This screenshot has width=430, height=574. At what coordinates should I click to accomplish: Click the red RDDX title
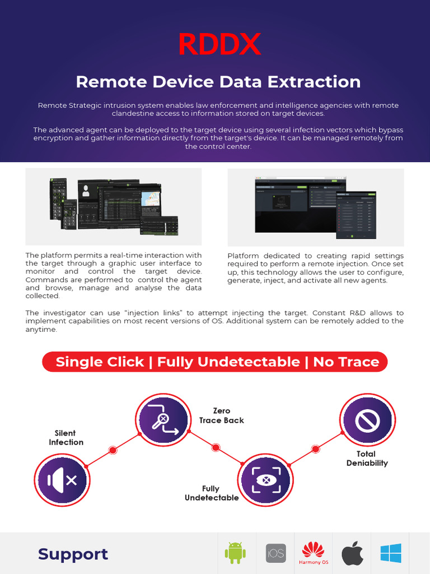[219, 44]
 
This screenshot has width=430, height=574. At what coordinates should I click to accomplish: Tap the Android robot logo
[235, 553]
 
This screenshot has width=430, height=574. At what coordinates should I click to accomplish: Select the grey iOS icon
[275, 553]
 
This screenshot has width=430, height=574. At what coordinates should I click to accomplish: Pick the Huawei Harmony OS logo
[314, 553]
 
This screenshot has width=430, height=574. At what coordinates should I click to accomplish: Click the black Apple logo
[353, 553]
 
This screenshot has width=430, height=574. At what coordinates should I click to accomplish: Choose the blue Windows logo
[391, 553]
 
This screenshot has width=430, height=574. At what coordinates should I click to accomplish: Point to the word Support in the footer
[73, 554]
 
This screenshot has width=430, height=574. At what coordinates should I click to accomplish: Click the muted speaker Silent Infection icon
[62, 480]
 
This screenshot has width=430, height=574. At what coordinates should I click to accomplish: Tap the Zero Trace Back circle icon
[163, 420]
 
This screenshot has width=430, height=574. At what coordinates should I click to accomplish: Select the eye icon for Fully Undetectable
[265, 481]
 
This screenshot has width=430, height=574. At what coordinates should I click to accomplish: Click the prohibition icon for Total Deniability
[368, 420]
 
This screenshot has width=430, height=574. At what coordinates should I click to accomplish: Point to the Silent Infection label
[66, 438]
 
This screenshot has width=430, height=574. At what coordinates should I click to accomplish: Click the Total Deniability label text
[367, 459]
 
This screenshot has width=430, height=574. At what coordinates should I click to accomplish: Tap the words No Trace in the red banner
[346, 362]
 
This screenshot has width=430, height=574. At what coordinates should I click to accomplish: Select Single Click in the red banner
[100, 362]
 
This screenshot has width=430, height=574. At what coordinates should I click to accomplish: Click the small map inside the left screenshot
[151, 199]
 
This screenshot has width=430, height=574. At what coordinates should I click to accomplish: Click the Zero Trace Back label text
[222, 415]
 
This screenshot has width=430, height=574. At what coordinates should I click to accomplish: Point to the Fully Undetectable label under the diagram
[211, 493]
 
